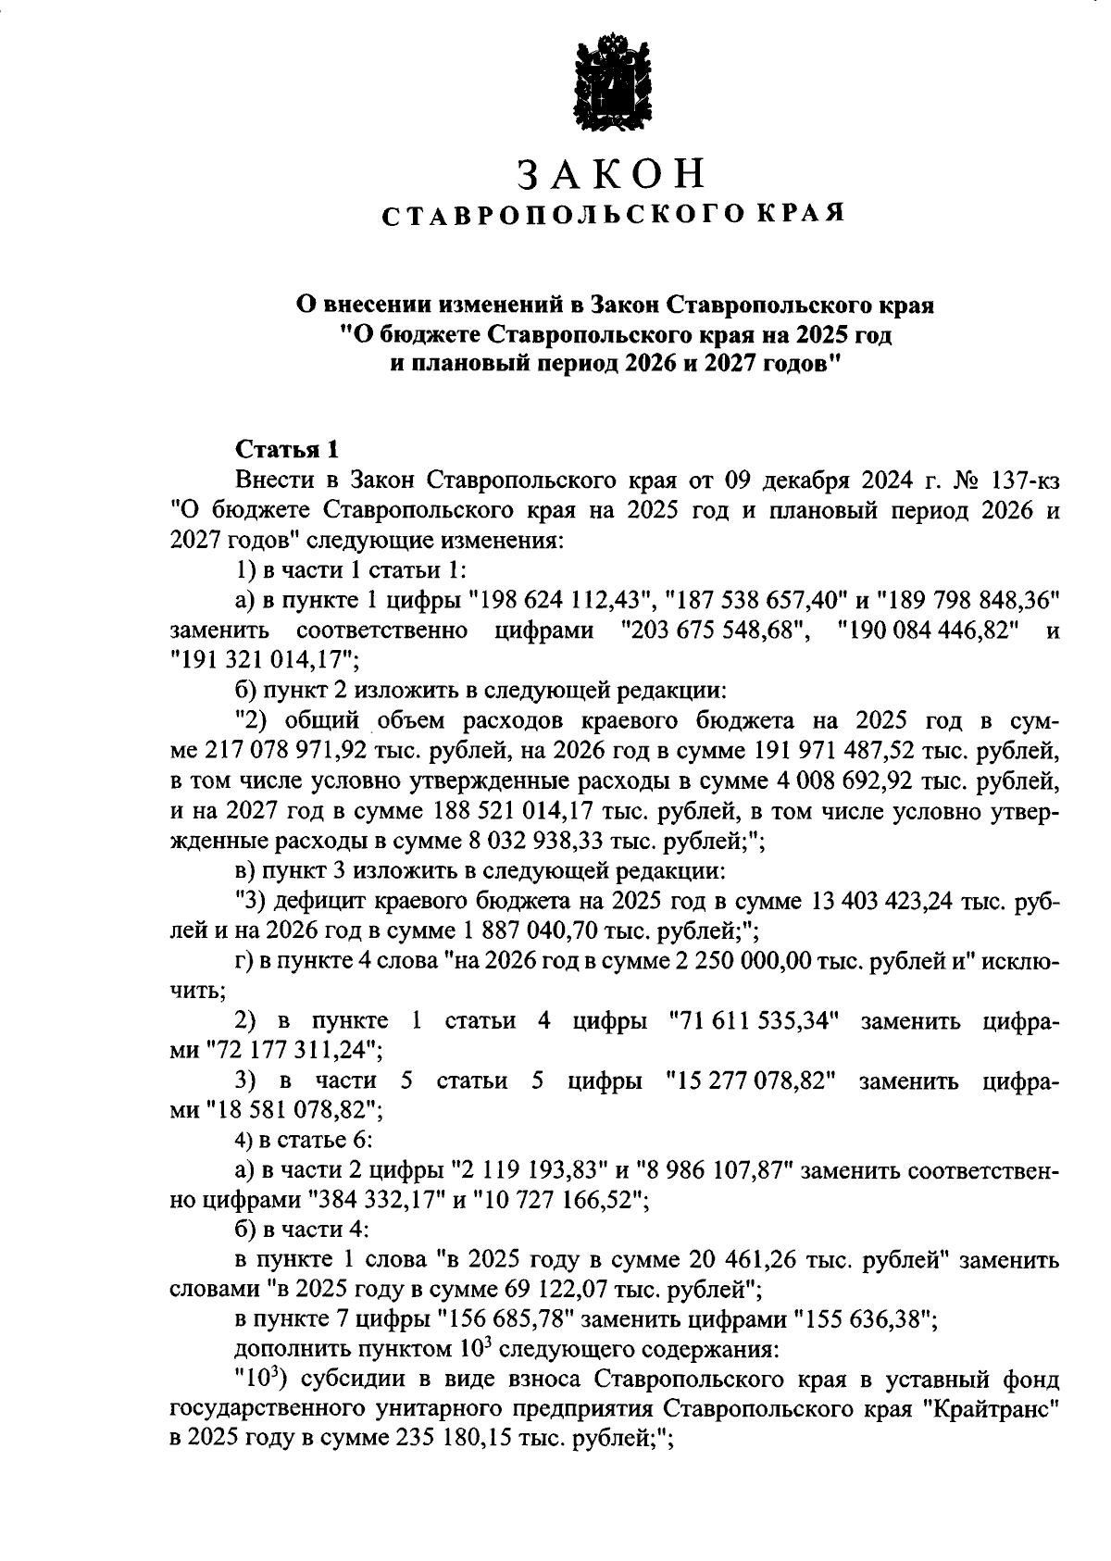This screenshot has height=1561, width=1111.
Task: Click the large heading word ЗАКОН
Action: [x=611, y=174]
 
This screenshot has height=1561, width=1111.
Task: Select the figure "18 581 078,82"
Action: [x=293, y=1111]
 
